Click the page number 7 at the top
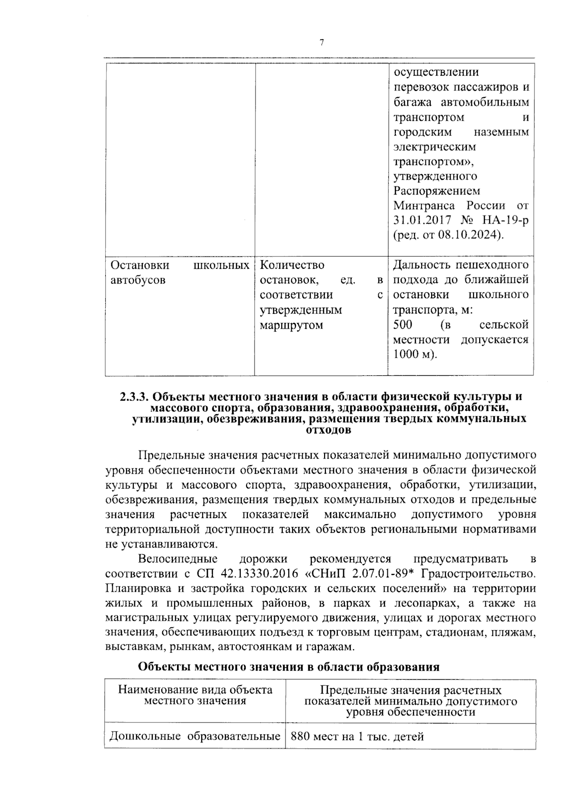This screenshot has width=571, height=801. click(x=321, y=43)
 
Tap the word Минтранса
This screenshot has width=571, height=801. click(x=424, y=206)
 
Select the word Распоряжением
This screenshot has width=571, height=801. click(x=437, y=191)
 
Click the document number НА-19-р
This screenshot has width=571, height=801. click(x=505, y=221)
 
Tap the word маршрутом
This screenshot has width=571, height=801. click(x=291, y=325)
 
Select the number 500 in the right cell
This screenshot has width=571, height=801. click(x=403, y=325)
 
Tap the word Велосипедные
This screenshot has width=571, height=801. click(x=178, y=558)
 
